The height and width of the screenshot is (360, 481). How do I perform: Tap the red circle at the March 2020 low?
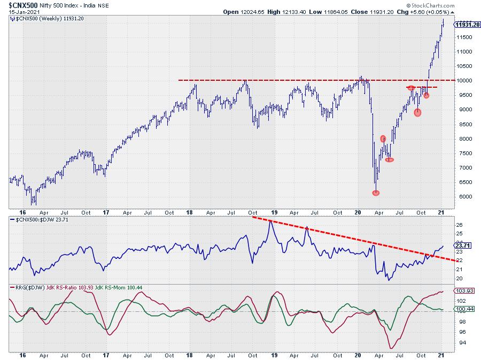tap(376, 193)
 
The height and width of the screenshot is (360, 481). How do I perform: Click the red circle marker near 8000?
tap(383, 139)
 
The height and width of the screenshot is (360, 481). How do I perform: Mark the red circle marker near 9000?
tap(417, 112)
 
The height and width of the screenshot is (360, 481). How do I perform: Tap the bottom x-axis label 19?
tap(274, 355)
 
